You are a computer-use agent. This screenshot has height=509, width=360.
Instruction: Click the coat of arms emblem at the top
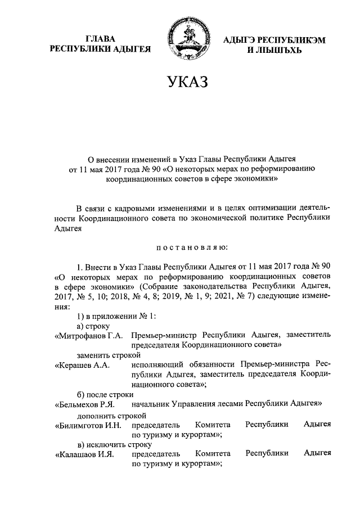[x=181, y=39]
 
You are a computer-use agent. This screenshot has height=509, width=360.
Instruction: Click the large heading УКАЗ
[x=180, y=83]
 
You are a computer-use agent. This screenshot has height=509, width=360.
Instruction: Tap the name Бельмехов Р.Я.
[x=85, y=404]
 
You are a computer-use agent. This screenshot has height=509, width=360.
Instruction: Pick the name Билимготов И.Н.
[x=87, y=425]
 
